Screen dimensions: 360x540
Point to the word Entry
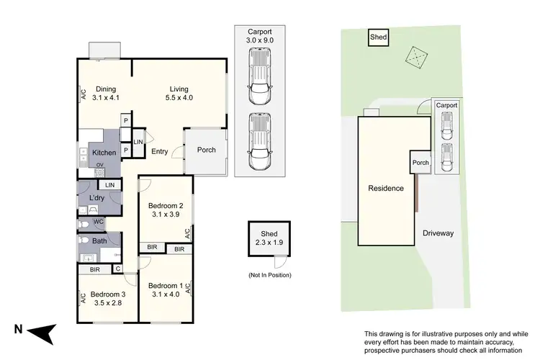[160, 151]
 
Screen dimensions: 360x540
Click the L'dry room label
[98, 199]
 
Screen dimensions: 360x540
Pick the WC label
[99, 222]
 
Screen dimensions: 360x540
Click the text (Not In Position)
[269, 275]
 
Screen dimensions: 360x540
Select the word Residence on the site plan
[386, 189]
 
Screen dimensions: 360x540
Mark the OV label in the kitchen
[99, 166]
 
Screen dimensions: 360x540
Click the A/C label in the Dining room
[84, 94]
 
